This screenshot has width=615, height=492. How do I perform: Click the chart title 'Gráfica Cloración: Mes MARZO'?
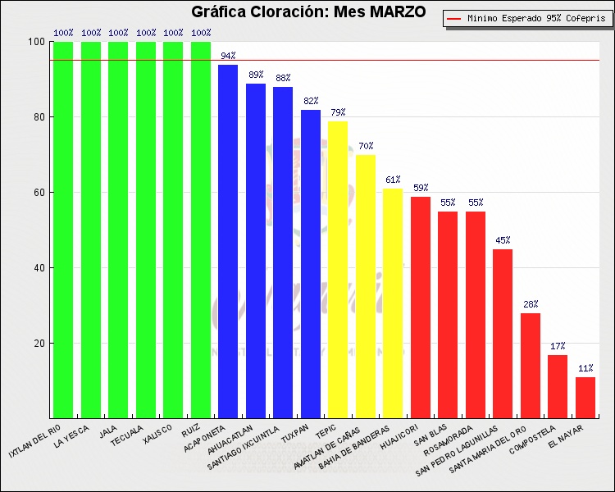(307, 12)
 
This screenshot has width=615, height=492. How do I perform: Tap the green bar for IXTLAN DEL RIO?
(63, 230)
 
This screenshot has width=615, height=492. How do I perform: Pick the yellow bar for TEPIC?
(338, 270)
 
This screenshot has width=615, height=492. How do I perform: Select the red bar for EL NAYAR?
(585, 397)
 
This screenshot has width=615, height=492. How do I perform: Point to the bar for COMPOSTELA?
(558, 386)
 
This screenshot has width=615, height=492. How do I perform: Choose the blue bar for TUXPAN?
(311, 263)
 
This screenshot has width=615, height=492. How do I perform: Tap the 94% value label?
(228, 56)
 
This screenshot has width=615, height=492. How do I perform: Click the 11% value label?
(585, 368)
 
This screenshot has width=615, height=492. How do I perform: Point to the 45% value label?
(503, 240)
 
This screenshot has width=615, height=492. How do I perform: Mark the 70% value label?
(366, 146)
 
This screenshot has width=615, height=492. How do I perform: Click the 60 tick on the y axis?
(37, 193)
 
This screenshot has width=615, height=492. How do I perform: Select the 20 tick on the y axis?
(37, 344)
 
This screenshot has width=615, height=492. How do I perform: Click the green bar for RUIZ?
(201, 230)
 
